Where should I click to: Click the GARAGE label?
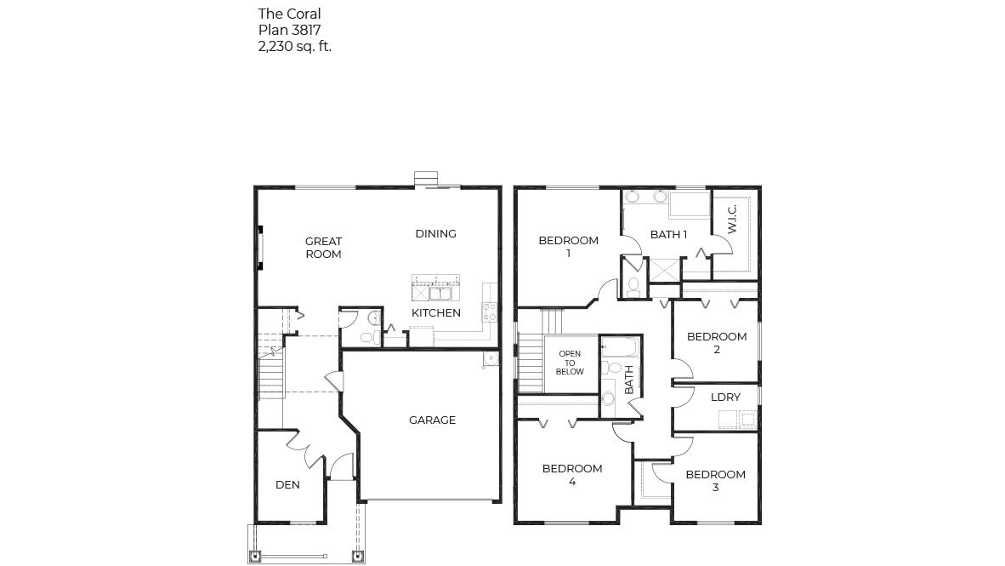click(432, 420)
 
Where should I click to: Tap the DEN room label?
click(287, 485)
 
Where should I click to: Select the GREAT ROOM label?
click(323, 248)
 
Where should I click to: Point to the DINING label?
click(435, 233)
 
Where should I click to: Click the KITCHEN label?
click(436, 312)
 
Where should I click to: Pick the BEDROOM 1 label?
click(568, 247)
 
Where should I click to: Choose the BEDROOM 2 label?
click(717, 342)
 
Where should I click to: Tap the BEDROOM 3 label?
click(715, 481)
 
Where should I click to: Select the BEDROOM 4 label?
click(572, 474)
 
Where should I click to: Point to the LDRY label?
click(725, 397)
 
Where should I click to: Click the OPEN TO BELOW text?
click(570, 363)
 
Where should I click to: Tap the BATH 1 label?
click(668, 234)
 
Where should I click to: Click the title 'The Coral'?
click(289, 14)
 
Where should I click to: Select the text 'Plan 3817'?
click(289, 30)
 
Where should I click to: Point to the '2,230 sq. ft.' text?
click(294, 46)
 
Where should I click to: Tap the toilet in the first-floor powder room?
click(367, 338)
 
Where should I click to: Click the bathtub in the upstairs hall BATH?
click(619, 347)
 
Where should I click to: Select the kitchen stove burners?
click(488, 311)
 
